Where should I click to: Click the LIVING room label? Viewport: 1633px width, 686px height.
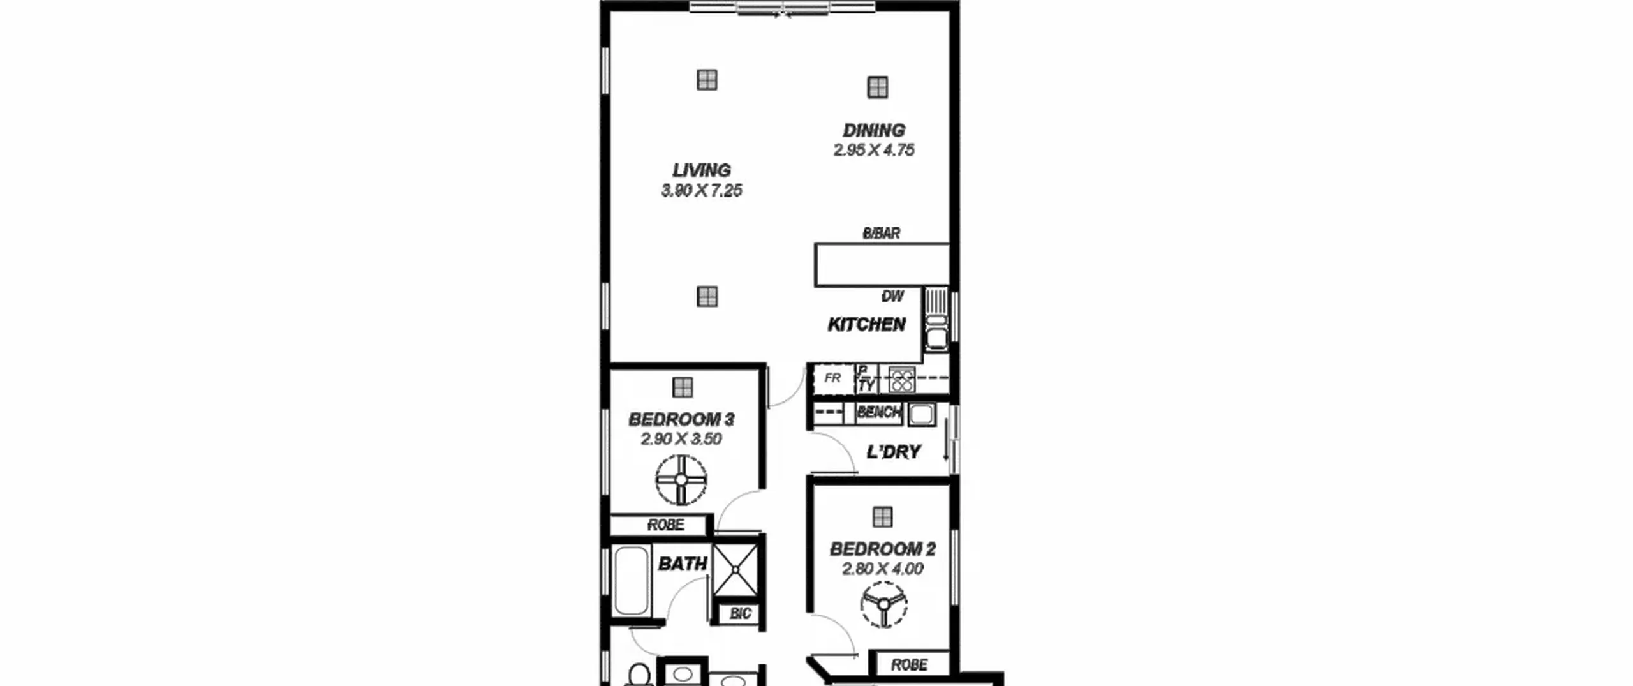click(x=702, y=170)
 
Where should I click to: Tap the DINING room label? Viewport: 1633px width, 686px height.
click(x=874, y=130)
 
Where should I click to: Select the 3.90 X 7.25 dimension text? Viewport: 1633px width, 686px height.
click(x=702, y=190)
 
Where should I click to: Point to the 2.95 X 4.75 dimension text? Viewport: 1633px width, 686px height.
click(x=874, y=150)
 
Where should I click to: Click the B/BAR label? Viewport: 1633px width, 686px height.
click(x=882, y=234)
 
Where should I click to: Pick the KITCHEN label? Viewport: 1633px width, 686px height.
click(x=866, y=325)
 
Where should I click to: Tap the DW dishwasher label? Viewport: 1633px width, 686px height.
click(x=892, y=296)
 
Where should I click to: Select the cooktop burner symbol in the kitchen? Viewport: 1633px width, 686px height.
click(x=902, y=380)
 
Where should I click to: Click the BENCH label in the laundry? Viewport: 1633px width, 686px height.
click(x=878, y=412)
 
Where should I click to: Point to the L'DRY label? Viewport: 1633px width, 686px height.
click(x=894, y=452)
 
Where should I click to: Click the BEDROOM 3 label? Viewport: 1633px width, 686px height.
click(x=681, y=419)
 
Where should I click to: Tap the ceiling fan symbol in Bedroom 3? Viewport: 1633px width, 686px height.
click(x=681, y=480)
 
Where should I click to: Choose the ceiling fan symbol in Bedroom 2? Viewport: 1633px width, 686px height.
click(x=883, y=604)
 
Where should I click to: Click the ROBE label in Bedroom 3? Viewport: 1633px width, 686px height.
click(x=666, y=525)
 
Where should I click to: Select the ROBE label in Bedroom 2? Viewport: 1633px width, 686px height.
click(x=909, y=665)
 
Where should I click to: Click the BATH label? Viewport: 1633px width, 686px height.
click(x=683, y=564)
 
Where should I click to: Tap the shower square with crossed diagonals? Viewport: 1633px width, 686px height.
click(x=735, y=570)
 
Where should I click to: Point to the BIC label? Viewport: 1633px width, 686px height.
click(x=740, y=614)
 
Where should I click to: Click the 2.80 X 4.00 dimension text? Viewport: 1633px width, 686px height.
click(x=883, y=569)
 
